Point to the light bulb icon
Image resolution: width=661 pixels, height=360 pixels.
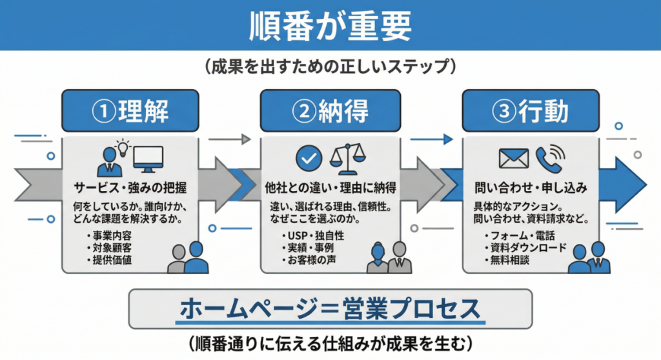click(122, 148)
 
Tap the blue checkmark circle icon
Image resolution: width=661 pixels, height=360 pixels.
click(308, 158)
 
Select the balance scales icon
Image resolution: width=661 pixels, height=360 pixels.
click(347, 157)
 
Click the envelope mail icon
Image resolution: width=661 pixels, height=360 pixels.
click(514, 159)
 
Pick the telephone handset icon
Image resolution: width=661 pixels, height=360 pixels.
click(549, 158)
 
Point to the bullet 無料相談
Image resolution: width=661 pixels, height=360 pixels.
click(511, 261)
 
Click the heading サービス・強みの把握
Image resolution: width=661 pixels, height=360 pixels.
click(130, 188)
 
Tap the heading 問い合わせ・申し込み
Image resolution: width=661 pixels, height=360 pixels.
click(531, 188)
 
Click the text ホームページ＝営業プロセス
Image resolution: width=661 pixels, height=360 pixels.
click(330, 310)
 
